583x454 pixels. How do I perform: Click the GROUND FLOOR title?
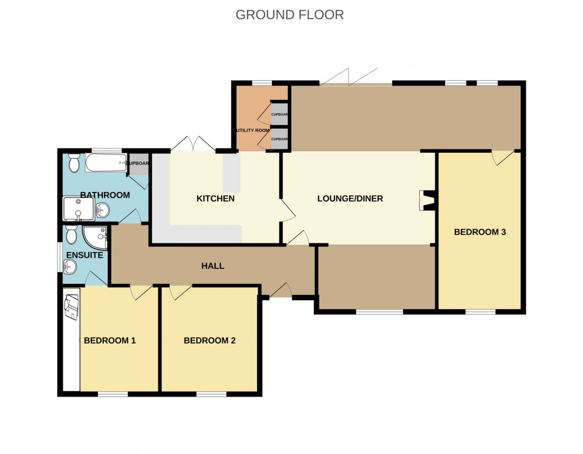(x=289, y=15)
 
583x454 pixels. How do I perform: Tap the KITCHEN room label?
(x=215, y=199)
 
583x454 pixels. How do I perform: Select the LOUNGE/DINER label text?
(x=350, y=199)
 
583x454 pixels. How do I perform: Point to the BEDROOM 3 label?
(x=480, y=232)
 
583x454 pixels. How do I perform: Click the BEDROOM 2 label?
(x=209, y=340)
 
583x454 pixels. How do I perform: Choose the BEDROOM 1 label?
(x=110, y=340)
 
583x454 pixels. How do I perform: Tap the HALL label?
(x=213, y=266)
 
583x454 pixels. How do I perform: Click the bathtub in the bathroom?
(x=105, y=163)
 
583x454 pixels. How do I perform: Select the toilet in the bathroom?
(x=74, y=162)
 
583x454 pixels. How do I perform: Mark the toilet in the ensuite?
(x=72, y=234)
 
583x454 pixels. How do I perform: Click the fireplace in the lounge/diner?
(x=427, y=200)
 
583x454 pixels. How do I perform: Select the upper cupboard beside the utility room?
(x=279, y=113)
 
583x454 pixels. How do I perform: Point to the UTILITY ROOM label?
(x=253, y=130)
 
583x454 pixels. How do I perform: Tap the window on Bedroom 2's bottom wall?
(x=211, y=394)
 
